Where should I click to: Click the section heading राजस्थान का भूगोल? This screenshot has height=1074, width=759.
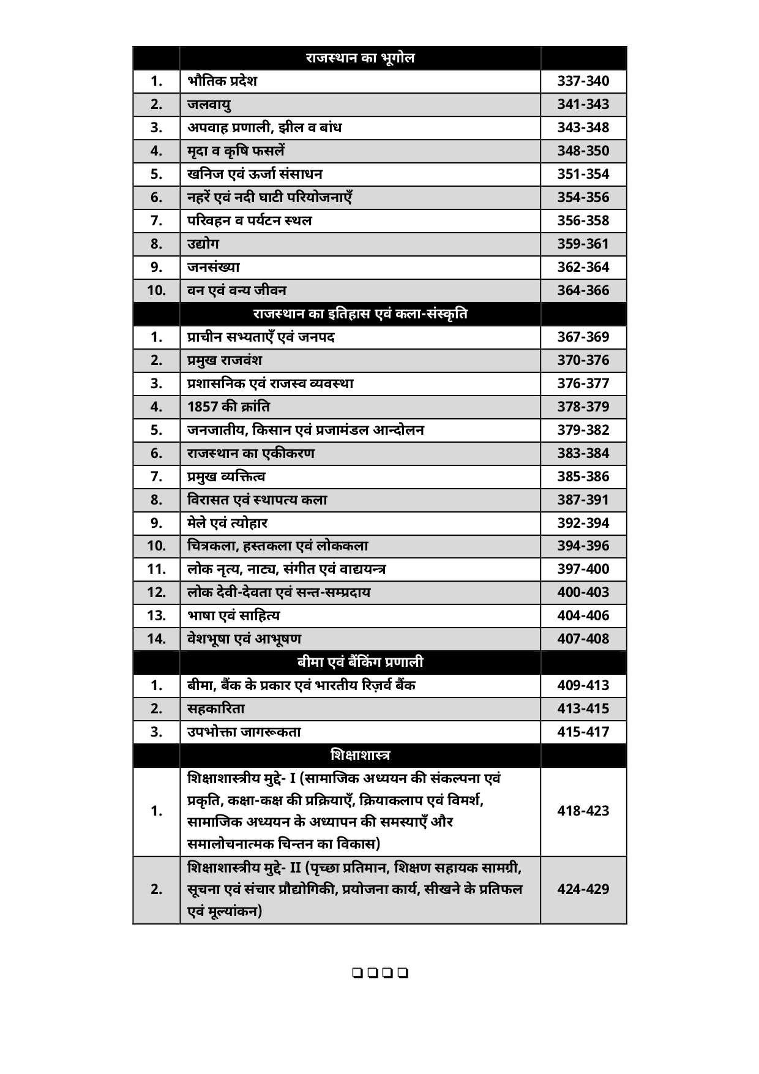360,58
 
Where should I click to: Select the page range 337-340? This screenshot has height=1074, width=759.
583,81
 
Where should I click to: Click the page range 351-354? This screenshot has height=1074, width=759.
583,175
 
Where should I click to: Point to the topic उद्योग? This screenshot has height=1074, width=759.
203,244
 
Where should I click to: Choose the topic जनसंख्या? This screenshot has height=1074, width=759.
214,267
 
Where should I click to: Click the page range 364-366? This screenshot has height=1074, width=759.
583,291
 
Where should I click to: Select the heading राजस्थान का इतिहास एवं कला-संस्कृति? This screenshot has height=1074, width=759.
360,314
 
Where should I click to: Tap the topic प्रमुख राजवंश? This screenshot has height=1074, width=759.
225,360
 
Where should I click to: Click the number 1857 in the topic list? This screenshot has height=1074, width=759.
203,407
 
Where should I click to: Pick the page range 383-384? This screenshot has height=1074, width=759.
583,454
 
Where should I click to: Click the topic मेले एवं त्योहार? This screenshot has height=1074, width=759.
227,523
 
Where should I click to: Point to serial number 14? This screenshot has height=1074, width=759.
157,639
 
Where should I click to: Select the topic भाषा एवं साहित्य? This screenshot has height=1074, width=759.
233,616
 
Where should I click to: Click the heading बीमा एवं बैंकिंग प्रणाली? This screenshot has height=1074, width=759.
360,663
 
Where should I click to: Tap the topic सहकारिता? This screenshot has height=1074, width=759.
216,709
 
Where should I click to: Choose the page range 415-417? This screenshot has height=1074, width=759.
583,732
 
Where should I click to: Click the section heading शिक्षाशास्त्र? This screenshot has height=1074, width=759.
360,755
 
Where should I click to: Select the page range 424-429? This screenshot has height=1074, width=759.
583,890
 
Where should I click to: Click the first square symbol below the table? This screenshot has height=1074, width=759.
357,972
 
